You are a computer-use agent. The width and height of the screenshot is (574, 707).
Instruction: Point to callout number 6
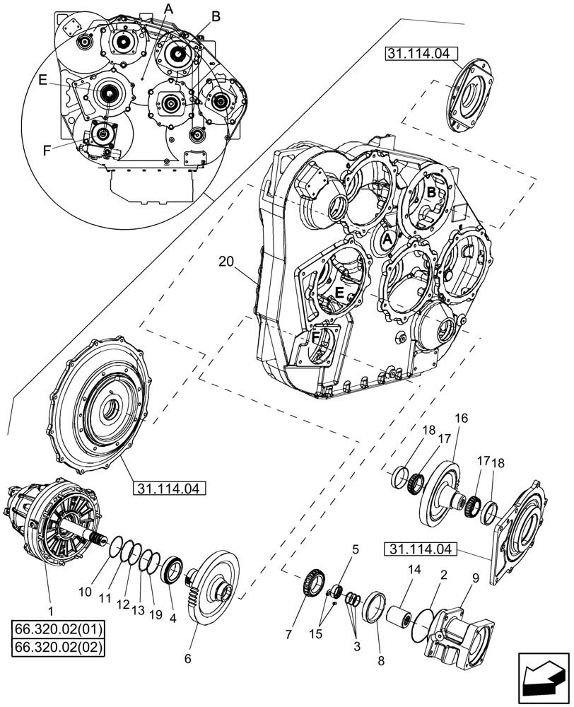pyautogui.click(x=187, y=658)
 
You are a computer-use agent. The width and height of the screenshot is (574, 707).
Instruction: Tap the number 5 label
pyautogui.click(x=356, y=548)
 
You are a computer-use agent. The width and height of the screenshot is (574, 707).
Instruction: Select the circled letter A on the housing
pyautogui.click(x=387, y=240)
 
